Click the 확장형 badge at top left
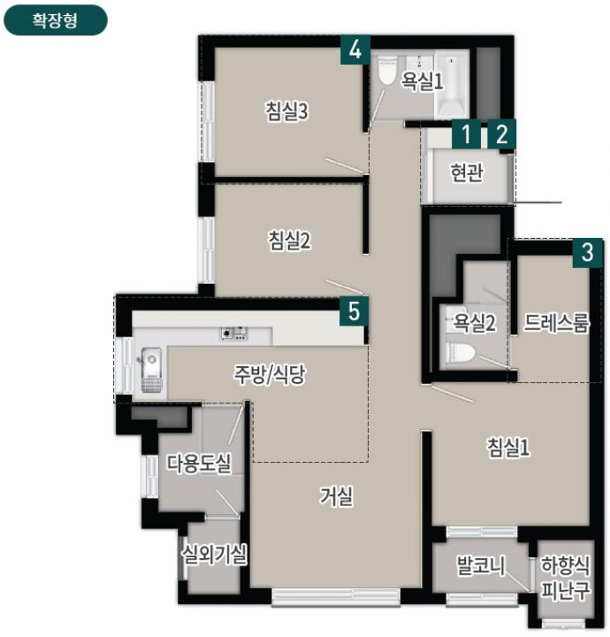click(x=55, y=20)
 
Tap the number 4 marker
click(x=355, y=50)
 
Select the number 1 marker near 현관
click(x=466, y=134)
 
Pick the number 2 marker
click(x=501, y=134)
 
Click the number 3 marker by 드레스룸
click(x=587, y=253)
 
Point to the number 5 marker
click(x=354, y=311)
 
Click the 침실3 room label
click(x=287, y=111)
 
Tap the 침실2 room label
click(x=289, y=240)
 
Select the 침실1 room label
click(x=508, y=448)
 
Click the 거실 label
click(x=337, y=496)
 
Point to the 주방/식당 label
click(x=270, y=374)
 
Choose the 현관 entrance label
click(x=467, y=173)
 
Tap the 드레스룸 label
click(x=556, y=323)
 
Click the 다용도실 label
click(x=199, y=463)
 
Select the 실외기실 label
click(x=214, y=554)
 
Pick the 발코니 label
click(x=481, y=565)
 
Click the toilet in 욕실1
click(x=387, y=70)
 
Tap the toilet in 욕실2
click(x=461, y=353)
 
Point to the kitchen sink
click(x=152, y=369)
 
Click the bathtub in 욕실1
click(x=451, y=84)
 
